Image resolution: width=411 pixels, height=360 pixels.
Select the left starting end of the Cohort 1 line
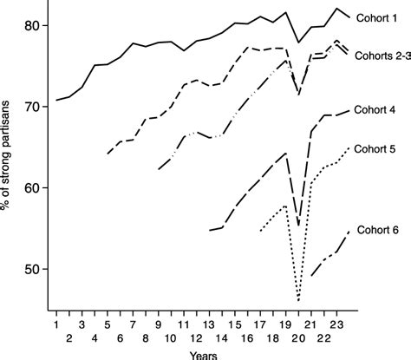(56, 100)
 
